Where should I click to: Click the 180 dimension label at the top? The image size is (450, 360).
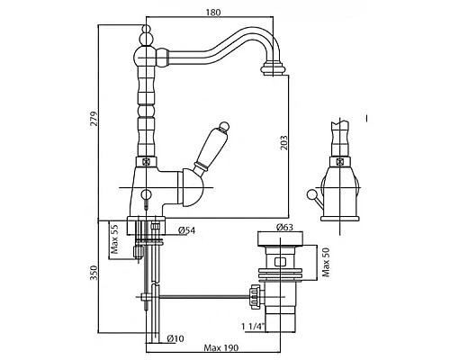click(213, 13)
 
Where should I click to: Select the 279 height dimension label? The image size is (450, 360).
click(94, 119)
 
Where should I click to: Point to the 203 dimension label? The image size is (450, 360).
click(284, 143)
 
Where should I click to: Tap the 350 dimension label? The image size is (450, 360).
click(94, 273)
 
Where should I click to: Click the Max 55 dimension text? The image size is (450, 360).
click(114, 239)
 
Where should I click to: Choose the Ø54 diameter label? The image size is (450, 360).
click(187, 230)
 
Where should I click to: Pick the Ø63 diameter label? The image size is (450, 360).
click(284, 227)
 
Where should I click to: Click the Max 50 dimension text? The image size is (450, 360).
click(325, 262)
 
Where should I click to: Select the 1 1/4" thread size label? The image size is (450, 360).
click(253, 326)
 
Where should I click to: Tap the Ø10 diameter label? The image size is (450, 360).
click(175, 338)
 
